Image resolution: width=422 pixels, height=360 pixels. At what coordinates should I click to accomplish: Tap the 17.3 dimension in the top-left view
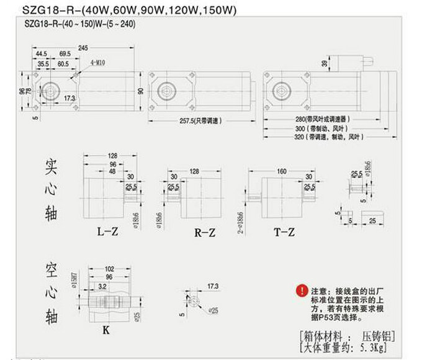pos(69,98)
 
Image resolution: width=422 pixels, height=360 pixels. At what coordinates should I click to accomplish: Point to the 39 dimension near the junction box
pos(324,63)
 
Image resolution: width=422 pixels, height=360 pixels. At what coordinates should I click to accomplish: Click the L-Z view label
pos(106,233)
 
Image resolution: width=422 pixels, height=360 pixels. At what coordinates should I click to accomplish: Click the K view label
pos(105,331)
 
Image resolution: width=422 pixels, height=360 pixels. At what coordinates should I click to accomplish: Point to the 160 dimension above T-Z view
pos(282,171)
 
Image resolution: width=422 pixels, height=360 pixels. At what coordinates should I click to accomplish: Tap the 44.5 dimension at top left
pos(42,55)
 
